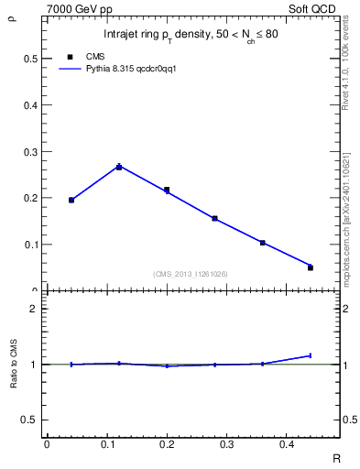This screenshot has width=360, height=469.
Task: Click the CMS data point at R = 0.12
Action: (119, 167)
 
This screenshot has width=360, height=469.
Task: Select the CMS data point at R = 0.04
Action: (71, 200)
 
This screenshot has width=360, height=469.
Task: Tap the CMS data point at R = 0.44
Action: (311, 267)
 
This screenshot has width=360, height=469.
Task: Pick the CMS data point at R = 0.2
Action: (167, 191)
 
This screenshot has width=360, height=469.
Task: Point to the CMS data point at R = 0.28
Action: (214, 219)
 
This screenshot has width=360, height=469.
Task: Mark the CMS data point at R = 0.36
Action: (263, 243)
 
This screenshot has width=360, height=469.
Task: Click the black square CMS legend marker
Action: (71, 56)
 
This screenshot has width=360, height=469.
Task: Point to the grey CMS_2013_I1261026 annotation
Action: (191, 274)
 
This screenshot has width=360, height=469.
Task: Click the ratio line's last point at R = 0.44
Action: (311, 355)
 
